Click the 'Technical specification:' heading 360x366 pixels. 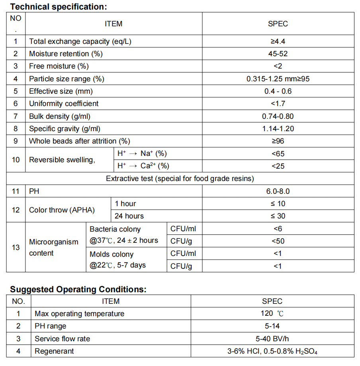[59, 6]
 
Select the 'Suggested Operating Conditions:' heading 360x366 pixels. [78, 289]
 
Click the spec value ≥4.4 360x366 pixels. [278, 41]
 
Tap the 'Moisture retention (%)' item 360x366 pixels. [66, 54]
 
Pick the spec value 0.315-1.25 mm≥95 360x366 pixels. [278, 79]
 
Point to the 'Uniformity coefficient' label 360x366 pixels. [64, 104]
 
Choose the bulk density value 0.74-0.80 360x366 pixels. [278, 116]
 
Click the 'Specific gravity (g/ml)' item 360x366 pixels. [65, 129]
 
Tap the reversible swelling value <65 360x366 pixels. [278, 154]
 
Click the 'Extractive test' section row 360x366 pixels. [180, 179]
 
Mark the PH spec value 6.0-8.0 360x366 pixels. [278, 191]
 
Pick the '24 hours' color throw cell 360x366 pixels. [129, 216]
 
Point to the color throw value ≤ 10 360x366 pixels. [278, 204]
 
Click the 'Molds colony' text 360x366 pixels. [112, 254]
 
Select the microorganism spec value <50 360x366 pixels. [278, 241]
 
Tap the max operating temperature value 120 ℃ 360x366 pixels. [272, 314]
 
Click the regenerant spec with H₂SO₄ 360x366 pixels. [272, 351]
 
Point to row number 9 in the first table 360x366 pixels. [16, 141]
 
